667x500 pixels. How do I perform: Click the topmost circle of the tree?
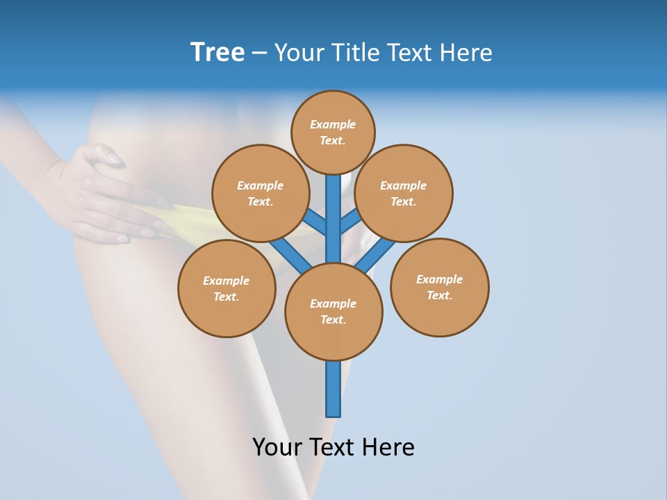pyautogui.click(x=333, y=132)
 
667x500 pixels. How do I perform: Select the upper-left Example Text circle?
pyautogui.click(x=261, y=193)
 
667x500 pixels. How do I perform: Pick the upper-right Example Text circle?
pyautogui.click(x=404, y=193)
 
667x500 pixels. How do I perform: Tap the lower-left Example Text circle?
pyautogui.click(x=227, y=288)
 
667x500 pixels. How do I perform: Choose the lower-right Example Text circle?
pyautogui.click(x=439, y=287)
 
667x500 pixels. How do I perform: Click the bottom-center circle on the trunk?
pyautogui.click(x=333, y=312)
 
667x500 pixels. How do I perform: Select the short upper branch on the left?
pyautogui.click(x=315, y=221)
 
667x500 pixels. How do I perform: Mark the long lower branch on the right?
pyautogui.click(x=376, y=255)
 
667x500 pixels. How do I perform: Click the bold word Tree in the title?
pyautogui.click(x=217, y=52)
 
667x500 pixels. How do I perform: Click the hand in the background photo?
pyautogui.click(x=104, y=194)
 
